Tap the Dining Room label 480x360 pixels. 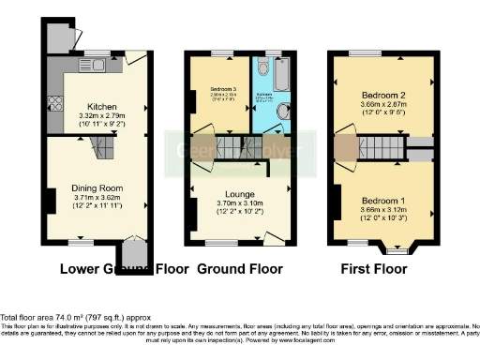pyautogui.click(x=97, y=188)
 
